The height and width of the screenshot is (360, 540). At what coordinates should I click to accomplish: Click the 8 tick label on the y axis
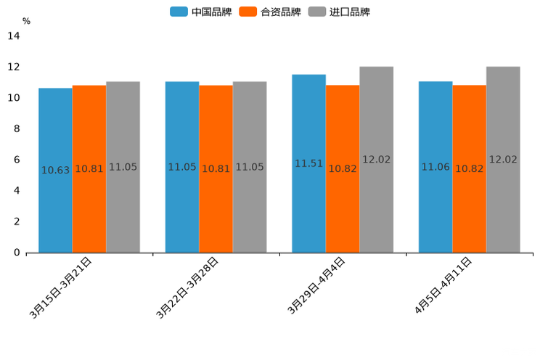[x=16, y=129]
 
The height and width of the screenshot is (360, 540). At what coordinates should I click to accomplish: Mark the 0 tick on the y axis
[x=16, y=253]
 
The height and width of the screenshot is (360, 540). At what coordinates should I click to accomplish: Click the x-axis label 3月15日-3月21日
[x=61, y=287]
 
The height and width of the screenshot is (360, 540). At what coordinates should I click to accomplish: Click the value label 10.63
[x=55, y=171]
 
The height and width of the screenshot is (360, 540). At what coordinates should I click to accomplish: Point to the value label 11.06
[x=435, y=167]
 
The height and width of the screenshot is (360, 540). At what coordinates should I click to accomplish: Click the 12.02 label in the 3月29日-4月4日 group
[x=377, y=160]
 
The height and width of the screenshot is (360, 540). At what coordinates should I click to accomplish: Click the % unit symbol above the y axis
[x=26, y=22]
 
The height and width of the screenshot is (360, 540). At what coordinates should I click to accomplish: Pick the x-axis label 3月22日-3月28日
[x=188, y=287]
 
